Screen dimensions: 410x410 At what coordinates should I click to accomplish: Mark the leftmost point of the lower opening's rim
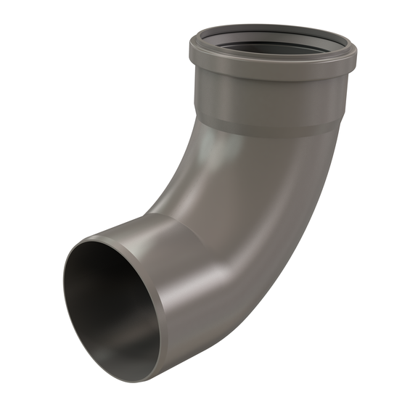pos(63,290)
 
